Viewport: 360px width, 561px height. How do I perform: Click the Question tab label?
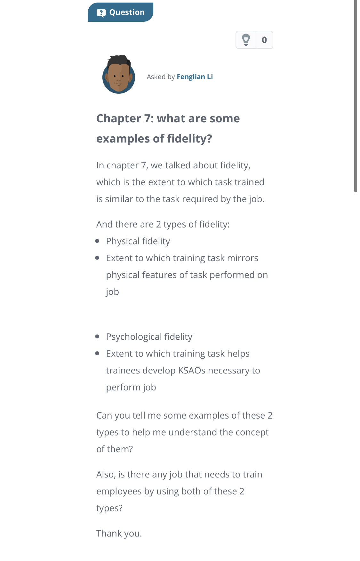click(127, 12)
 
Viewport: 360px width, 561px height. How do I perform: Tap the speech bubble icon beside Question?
click(101, 13)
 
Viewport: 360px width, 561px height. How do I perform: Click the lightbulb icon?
click(246, 40)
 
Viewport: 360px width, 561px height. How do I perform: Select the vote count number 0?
click(264, 40)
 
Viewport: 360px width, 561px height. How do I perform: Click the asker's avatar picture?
click(119, 75)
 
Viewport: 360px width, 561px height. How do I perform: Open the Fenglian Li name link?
click(195, 77)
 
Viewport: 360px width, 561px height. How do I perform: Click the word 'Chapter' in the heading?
click(118, 118)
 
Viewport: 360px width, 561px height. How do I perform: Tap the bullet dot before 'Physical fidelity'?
click(97, 241)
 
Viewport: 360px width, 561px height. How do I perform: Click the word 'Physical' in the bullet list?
click(123, 241)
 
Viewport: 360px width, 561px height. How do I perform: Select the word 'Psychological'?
click(134, 337)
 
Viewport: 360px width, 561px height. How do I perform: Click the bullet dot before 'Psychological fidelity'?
click(97, 337)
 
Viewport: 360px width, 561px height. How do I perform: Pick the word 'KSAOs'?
click(192, 371)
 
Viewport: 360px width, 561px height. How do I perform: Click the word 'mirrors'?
click(243, 258)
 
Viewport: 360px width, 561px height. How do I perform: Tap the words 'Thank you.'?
click(119, 533)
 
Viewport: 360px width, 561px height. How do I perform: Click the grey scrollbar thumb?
click(356, 96)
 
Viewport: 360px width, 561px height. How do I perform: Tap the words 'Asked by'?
click(161, 77)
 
